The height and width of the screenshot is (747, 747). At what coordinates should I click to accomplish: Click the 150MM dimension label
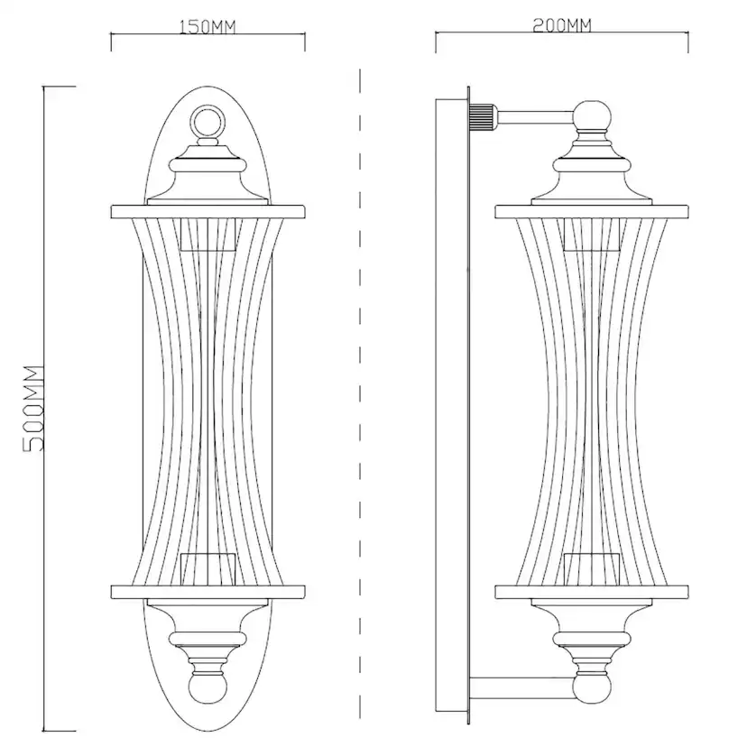point(207,27)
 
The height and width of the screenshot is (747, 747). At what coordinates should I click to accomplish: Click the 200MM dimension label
point(562,25)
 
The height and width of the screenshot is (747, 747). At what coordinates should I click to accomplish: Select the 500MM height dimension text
point(33,409)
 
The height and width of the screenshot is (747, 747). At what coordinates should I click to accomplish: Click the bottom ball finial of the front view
point(207,687)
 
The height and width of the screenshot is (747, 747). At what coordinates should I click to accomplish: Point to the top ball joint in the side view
point(592,115)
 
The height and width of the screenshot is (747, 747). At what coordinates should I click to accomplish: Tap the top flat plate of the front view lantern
point(207,211)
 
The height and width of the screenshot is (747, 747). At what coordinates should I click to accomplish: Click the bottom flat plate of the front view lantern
point(207,592)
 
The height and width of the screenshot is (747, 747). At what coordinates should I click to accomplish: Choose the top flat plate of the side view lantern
point(592,211)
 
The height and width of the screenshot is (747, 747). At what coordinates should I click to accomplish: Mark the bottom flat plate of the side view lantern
point(592,592)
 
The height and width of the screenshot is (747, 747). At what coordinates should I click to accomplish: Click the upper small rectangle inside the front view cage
point(208,235)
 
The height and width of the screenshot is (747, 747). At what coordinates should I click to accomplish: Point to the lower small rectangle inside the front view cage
point(208,569)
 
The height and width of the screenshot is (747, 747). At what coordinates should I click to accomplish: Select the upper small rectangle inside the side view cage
point(592,235)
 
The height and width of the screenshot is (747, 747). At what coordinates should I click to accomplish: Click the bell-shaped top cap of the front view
point(207,175)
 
